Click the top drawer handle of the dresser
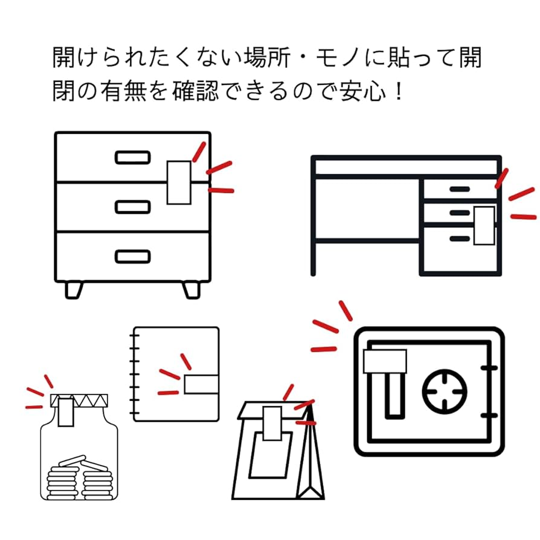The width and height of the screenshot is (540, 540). [x=132, y=158]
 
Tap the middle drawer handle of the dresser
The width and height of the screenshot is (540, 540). [x=132, y=207]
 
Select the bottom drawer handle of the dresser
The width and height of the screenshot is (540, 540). [x=132, y=257]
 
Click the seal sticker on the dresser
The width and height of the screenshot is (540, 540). [x=179, y=182]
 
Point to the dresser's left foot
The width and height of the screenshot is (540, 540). [x=74, y=289]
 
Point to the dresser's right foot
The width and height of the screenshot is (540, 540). [x=191, y=289]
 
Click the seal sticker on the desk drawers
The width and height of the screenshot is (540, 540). [x=484, y=225]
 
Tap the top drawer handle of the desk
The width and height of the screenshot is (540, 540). [x=459, y=190]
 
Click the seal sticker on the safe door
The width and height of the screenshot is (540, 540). [x=385, y=362]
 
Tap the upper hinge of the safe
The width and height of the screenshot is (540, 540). [x=489, y=367]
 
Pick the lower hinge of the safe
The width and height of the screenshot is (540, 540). [x=489, y=415]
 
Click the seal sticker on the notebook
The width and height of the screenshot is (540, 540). [x=201, y=384]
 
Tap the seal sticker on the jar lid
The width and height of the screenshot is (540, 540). [x=66, y=410]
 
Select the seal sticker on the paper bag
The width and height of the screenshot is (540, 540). [x=271, y=421]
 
